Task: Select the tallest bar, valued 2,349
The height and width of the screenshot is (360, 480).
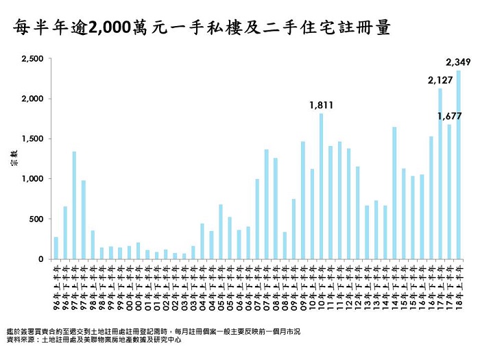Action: click(x=458, y=165)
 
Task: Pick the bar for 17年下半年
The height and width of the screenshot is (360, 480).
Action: click(x=449, y=191)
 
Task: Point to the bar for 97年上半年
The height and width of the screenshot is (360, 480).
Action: click(x=74, y=205)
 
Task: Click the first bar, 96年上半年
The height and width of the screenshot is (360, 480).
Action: click(x=56, y=248)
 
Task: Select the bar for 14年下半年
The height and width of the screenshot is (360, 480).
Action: click(x=394, y=193)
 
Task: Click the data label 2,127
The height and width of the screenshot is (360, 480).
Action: click(x=440, y=80)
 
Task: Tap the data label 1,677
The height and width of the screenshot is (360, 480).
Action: click(x=449, y=116)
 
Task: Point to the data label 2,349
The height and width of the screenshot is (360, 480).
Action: click(x=457, y=62)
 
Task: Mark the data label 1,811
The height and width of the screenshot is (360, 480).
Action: click(x=321, y=105)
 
